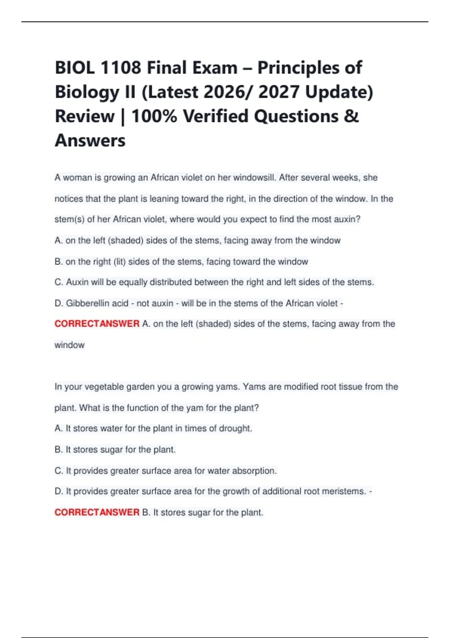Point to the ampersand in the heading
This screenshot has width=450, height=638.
351,116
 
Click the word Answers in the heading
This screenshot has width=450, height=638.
90,141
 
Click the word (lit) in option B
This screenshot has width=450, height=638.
119,262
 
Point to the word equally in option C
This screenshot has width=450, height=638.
134,282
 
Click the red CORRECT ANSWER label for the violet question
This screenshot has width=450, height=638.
97,324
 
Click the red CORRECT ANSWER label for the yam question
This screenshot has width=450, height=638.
97,512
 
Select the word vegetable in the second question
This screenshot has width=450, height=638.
104,387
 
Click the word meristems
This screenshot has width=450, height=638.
343,491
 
